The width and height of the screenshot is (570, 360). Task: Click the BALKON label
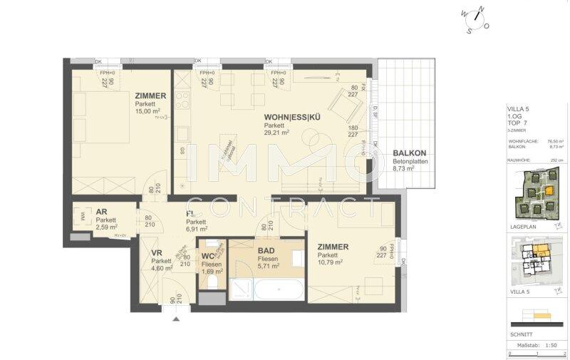point(409,153)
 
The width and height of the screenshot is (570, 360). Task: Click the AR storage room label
point(102,212)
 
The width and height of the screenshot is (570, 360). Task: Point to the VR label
point(157,252)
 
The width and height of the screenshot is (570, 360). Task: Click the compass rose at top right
point(474,19)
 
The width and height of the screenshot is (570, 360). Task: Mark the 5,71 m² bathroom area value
point(268,265)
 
